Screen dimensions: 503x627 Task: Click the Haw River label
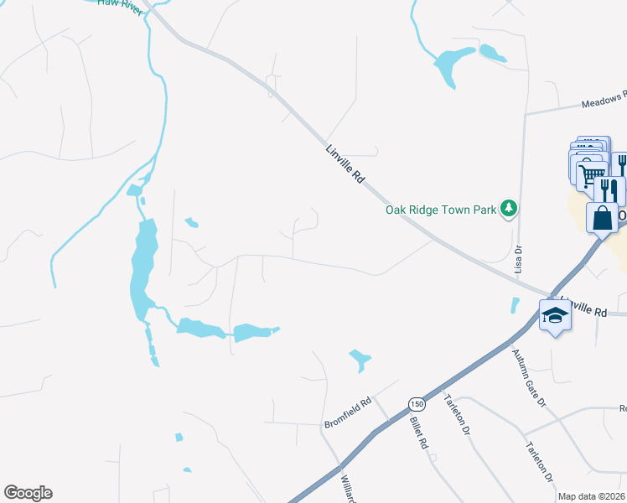(117, 3)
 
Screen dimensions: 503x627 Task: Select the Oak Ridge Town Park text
(441, 210)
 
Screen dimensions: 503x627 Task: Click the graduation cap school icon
(555, 315)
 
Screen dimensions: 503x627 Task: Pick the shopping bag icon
(602, 218)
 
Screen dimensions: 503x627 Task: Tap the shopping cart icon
(591, 174)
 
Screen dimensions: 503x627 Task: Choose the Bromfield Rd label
(347, 414)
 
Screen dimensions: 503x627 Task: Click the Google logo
(28, 493)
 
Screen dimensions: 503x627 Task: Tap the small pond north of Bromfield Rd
(360, 360)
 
